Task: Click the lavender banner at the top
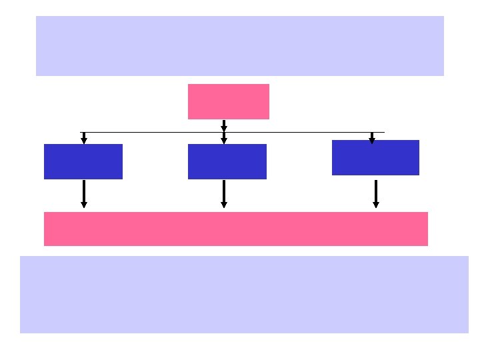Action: click(x=240, y=46)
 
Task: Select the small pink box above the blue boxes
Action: click(x=229, y=101)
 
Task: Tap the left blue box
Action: click(x=83, y=161)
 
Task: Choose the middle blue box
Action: click(x=227, y=161)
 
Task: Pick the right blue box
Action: click(x=375, y=157)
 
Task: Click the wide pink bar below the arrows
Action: click(x=236, y=229)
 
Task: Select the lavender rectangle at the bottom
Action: click(x=244, y=295)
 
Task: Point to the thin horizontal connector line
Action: click(x=153, y=133)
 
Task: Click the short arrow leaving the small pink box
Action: click(x=224, y=125)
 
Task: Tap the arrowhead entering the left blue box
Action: click(x=84, y=140)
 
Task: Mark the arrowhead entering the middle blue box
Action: click(x=224, y=140)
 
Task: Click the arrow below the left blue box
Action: click(x=84, y=193)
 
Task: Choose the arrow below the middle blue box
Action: click(x=224, y=193)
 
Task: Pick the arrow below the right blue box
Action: click(x=376, y=193)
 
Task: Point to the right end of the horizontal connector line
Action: click(x=384, y=133)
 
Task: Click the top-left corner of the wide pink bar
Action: click(x=45, y=213)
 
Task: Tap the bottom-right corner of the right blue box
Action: click(x=419, y=175)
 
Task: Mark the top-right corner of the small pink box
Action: click(x=269, y=85)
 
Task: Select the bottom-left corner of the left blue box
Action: click(x=45, y=179)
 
